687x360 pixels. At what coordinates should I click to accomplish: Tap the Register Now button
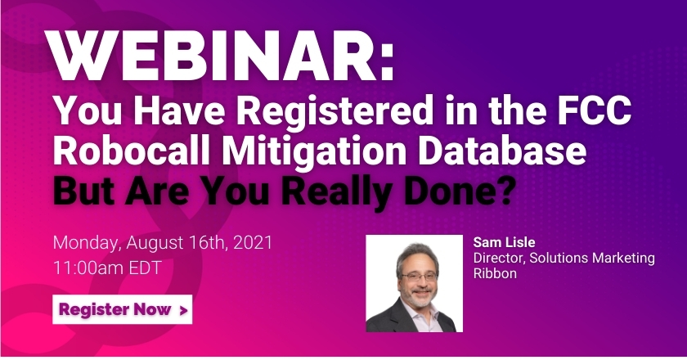point(123,310)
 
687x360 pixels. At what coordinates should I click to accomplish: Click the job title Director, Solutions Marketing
point(564,258)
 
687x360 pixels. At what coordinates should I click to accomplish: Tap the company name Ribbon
point(494,273)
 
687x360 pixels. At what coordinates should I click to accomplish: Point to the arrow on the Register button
point(182,310)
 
